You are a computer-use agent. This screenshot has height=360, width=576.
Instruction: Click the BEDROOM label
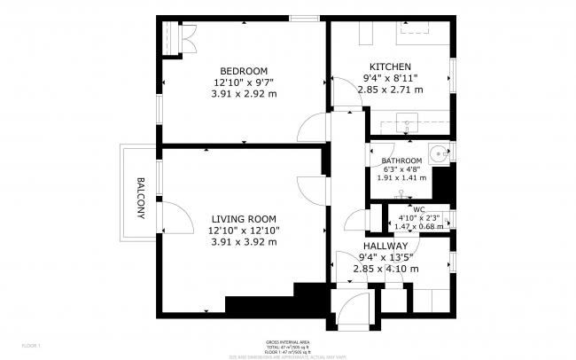244,71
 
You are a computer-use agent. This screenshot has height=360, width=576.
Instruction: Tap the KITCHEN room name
390,67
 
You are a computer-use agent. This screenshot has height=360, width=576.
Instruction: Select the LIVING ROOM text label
244,219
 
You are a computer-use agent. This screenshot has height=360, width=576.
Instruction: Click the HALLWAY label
385,246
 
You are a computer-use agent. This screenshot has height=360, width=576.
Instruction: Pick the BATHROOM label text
401,160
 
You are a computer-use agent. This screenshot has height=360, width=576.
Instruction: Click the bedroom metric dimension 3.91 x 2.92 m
244,93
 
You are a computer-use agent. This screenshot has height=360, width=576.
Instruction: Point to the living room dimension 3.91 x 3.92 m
244,241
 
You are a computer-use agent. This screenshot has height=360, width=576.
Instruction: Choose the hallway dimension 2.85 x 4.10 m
385,268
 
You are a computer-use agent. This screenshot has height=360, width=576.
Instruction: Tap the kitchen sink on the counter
408,122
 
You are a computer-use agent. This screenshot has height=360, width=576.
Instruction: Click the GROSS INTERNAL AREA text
287,341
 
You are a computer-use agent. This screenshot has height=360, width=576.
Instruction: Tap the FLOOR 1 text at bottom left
31,344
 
